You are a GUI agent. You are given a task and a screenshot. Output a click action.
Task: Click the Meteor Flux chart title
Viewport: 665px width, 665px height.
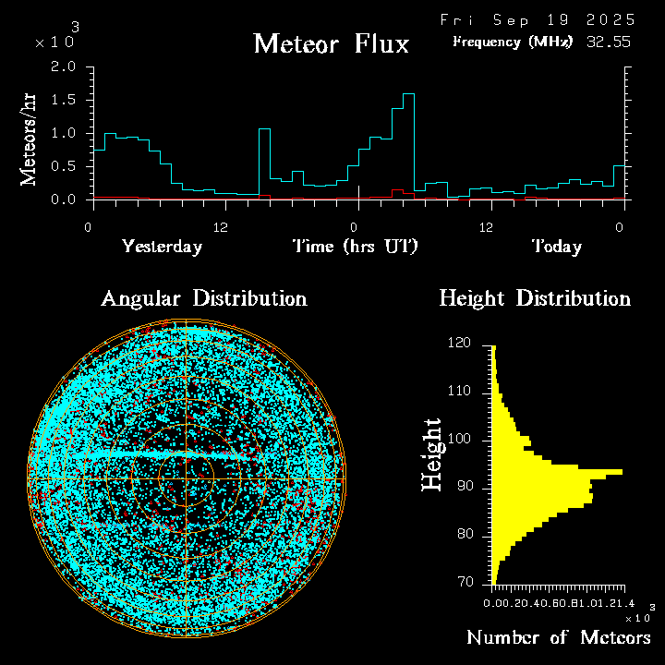pos(331,43)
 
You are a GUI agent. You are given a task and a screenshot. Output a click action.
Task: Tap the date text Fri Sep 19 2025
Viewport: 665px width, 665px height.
pos(537,19)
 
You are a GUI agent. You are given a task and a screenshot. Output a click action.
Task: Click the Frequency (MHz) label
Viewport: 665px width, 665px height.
pos(513,42)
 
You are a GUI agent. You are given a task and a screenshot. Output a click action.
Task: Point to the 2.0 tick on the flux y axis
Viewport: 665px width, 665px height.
pos(64,67)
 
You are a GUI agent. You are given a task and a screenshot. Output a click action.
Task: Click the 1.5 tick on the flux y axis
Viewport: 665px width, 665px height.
pos(64,101)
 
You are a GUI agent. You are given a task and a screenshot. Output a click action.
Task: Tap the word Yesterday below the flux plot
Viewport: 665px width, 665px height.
pos(162,247)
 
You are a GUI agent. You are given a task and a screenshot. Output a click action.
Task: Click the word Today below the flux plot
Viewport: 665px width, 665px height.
pos(556,247)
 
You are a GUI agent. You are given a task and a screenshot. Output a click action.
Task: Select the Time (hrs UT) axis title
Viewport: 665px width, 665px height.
pos(356,247)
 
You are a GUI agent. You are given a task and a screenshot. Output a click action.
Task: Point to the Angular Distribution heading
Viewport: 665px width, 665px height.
pos(203,298)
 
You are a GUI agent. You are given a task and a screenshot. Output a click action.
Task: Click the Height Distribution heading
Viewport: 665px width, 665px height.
pos(535,298)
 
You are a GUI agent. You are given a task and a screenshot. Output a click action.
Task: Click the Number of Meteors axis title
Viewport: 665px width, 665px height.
pos(558,638)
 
